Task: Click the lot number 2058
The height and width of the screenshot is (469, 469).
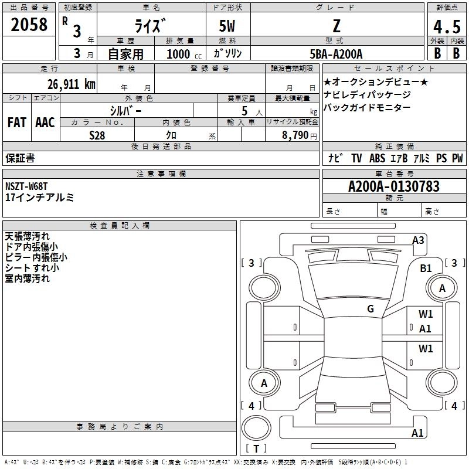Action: pos(29,25)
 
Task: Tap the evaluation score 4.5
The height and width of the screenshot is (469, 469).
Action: pos(446,28)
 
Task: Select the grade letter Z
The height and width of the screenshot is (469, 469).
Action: pos(337,26)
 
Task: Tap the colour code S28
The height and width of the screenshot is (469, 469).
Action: pos(97,135)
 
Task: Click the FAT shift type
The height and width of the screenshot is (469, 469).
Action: pos(17,123)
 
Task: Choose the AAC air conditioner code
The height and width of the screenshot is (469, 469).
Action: pos(45,123)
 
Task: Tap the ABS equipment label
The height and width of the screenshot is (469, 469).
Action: pos(377,158)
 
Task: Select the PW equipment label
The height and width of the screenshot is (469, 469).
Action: pos(457,158)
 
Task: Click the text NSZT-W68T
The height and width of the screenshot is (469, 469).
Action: pos(26,186)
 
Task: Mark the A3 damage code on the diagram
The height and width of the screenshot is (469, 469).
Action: pos(418,240)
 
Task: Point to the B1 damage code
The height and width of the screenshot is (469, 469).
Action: pos(426,268)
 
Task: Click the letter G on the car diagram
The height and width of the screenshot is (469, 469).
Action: pos(371,309)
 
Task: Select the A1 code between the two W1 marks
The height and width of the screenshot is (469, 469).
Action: pos(426,329)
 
